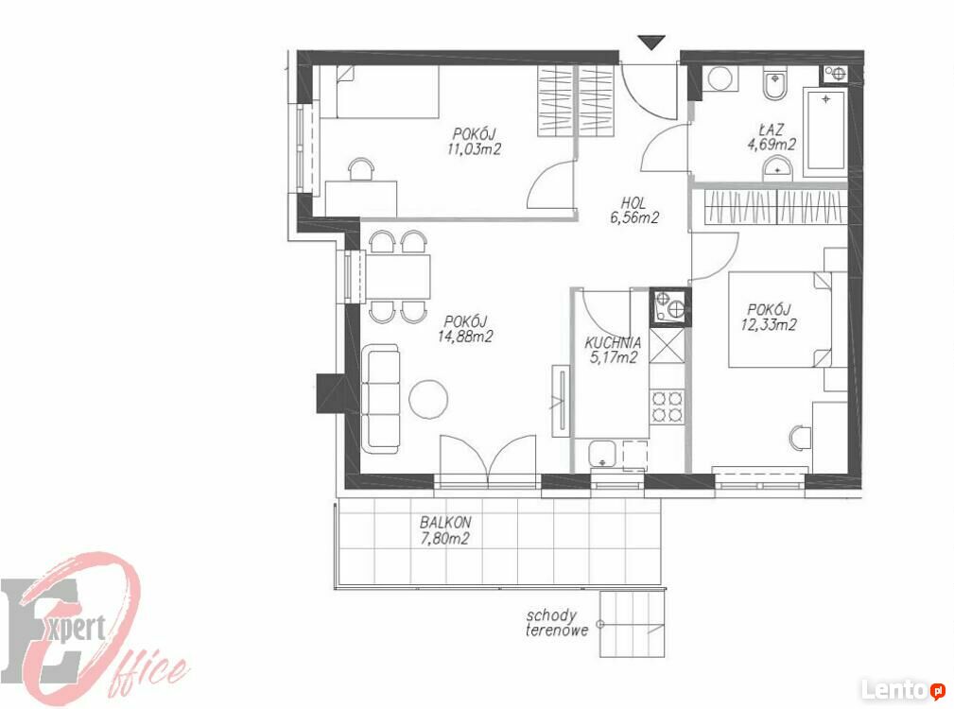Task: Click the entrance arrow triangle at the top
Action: click(651, 43)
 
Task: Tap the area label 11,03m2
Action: click(474, 149)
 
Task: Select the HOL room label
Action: click(633, 203)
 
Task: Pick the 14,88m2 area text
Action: click(465, 337)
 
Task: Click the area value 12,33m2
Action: click(769, 324)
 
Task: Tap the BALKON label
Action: click(445, 523)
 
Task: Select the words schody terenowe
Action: click(557, 623)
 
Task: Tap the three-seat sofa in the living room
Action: click(380, 398)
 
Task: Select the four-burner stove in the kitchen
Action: click(668, 406)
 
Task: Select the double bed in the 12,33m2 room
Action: click(780, 320)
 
